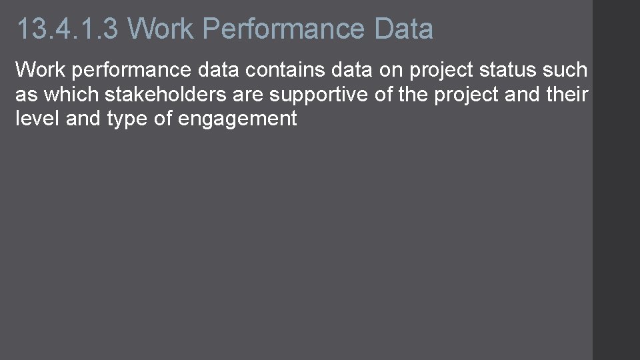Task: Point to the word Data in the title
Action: (404, 29)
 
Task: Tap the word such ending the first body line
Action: (566, 69)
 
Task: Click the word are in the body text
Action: (250, 95)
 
